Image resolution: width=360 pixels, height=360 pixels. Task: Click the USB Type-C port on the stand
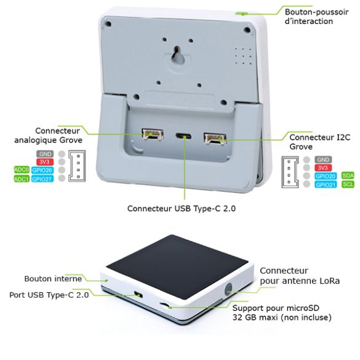click(182, 137)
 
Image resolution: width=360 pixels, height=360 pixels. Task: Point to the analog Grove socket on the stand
click(149, 134)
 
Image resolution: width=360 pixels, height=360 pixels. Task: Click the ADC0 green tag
click(21, 169)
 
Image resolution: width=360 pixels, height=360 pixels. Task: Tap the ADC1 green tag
click(21, 178)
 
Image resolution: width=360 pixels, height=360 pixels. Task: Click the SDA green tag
click(348, 175)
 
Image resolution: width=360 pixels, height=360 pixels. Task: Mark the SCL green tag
click(348, 185)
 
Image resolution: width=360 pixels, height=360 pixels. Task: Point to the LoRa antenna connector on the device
click(230, 288)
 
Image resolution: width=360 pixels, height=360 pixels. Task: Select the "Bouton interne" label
click(54, 278)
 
